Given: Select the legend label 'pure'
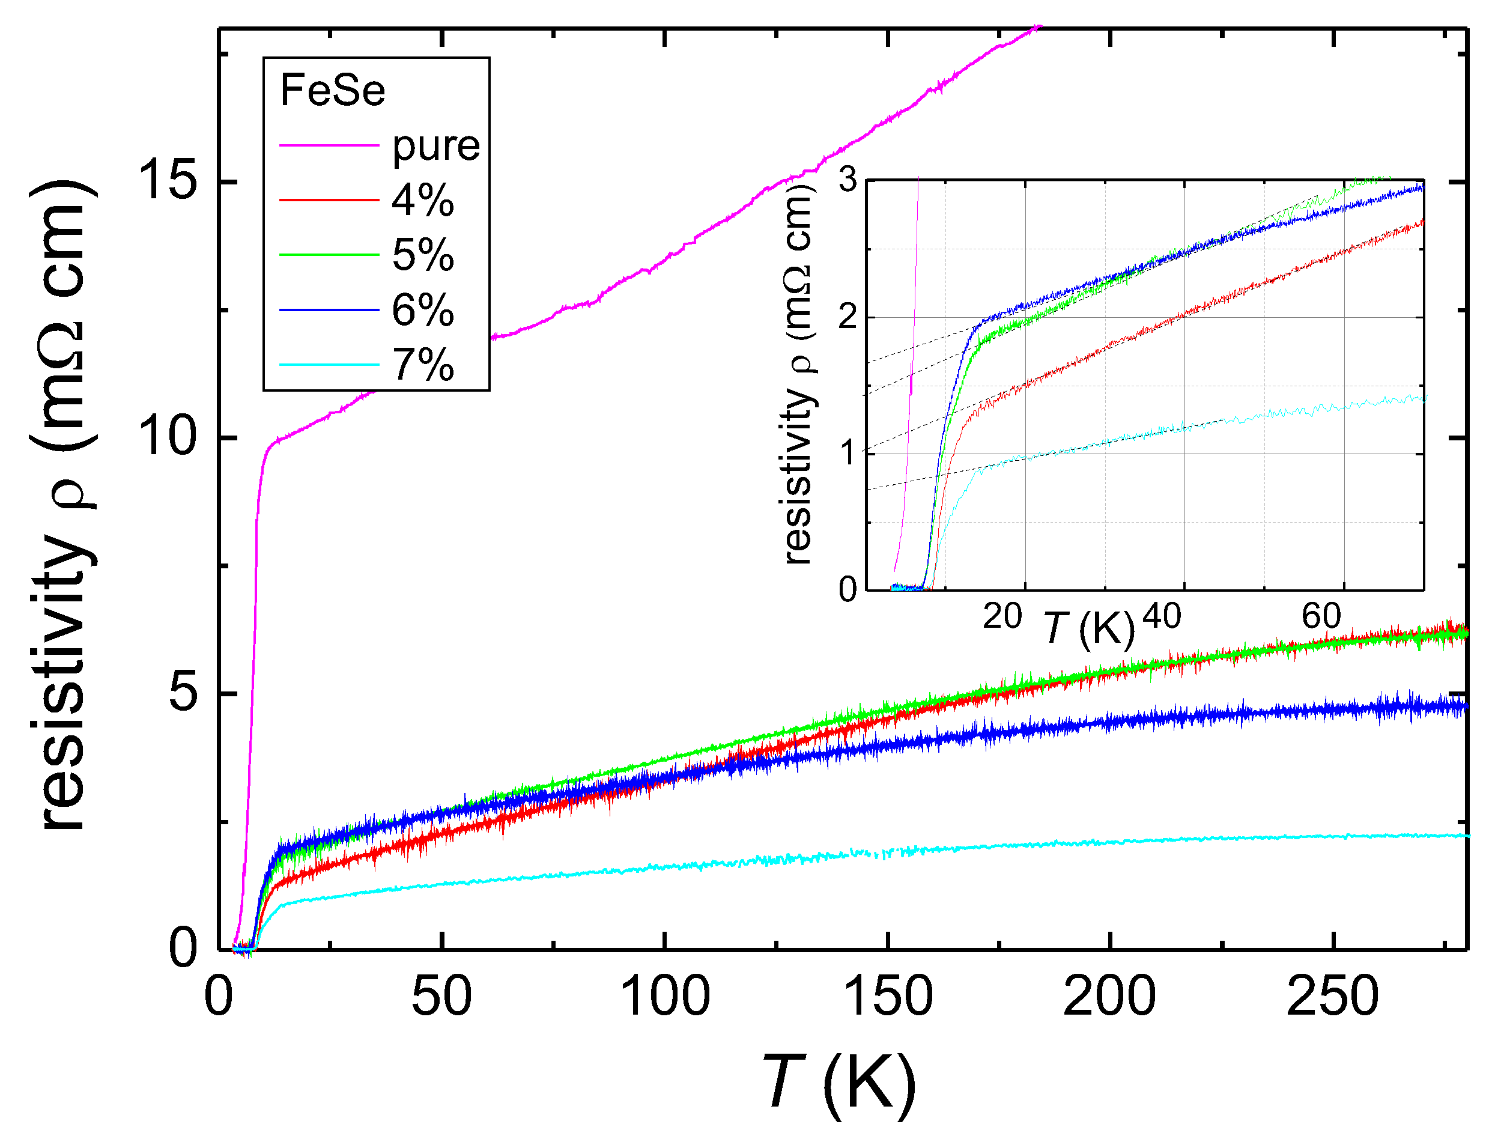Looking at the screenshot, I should pos(435,146).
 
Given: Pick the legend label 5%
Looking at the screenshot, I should pos(423,255).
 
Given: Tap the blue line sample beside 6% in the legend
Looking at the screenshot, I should pos(329,311).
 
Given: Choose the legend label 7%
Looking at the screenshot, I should pos(423,365).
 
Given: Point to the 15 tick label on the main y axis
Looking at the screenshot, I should pos(169,181).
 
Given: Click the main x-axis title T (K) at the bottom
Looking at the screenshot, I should pos(840,1084).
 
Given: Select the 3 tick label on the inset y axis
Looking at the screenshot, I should pos(848,180).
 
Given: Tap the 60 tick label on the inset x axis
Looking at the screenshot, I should pos(1321,616).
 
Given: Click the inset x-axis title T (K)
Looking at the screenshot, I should pos(1090,628).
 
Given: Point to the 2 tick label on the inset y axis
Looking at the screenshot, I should pos(848,317).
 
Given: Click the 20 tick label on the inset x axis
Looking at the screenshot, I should pos(1002,616).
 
